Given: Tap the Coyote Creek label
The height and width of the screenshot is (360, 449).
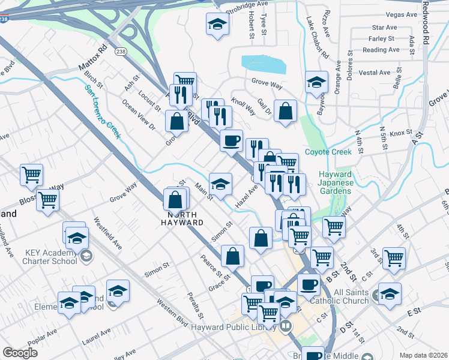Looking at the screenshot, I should (328, 152).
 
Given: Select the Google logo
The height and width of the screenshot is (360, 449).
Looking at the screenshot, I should (20, 353).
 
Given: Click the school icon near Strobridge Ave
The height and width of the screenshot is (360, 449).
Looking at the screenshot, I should (217, 25).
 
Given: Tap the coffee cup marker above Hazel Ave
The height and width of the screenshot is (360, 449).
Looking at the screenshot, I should (231, 141).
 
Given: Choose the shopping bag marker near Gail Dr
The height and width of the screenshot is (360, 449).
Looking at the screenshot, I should (286, 111).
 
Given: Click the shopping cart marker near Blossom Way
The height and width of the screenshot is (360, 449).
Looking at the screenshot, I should (31, 175).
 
